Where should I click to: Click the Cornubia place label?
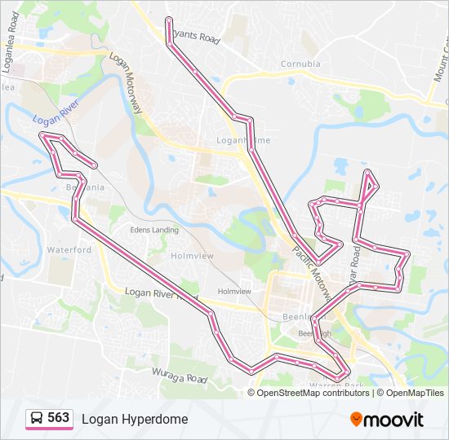click(300, 64)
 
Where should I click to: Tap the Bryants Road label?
click(197, 37)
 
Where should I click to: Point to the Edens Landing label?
click(154, 230)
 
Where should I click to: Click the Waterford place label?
click(69, 249)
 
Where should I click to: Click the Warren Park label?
click(336, 385)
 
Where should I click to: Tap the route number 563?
click(58, 418)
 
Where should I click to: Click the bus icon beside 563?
click(37, 419)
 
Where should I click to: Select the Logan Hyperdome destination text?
click(135, 419)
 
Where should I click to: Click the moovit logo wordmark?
click(394, 420)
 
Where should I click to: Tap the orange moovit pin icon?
click(356, 419)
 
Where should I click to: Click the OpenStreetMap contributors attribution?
click(313, 393)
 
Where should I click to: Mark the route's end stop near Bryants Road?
click(168, 20)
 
